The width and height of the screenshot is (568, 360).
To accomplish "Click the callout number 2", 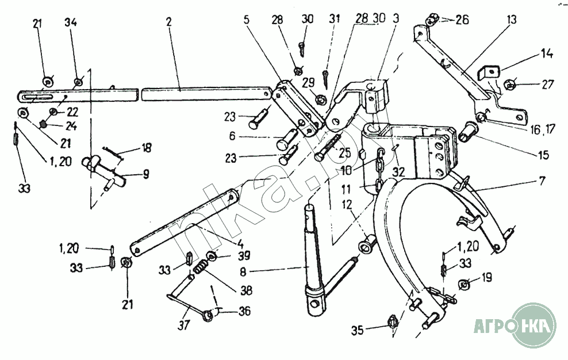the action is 169,22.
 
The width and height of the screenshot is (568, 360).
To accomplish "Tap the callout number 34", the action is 71,22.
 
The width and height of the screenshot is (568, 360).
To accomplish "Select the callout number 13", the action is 511,20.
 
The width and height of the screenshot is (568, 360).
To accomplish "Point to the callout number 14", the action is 547,54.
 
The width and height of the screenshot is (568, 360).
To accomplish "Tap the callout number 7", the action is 542,181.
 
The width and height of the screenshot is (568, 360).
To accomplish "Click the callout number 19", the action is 486,278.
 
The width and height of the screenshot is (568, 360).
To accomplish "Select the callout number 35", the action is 358,331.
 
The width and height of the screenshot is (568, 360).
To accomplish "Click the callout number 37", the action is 183,325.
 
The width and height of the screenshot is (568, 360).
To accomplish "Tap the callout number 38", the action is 245,291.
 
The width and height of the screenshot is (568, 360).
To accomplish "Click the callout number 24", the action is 71,126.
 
